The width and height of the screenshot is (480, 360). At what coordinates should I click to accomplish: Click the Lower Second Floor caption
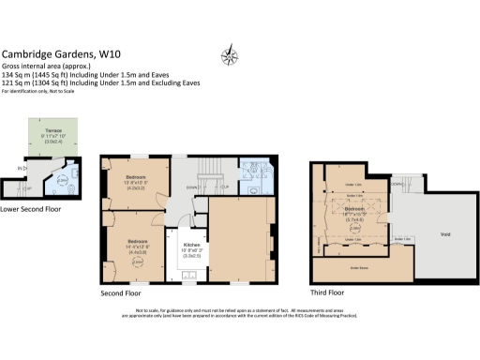pyautogui.click(x=31, y=208)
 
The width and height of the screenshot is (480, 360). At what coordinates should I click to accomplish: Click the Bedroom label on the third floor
pyautogui.click(x=354, y=210)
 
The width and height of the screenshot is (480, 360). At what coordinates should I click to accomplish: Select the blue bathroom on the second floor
pyautogui.click(x=254, y=172)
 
